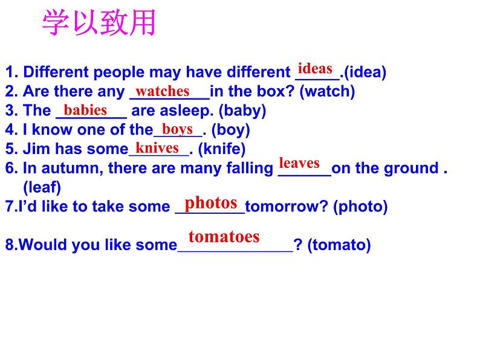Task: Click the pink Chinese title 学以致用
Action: [99, 24]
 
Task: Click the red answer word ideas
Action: [316, 68]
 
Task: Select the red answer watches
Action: [162, 91]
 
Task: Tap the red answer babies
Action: [85, 110]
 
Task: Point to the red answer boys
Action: [178, 129]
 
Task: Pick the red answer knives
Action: [157, 148]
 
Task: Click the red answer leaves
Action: [299, 162]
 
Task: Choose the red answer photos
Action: [211, 202]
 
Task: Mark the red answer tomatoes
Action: [224, 236]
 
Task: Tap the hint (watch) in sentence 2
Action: [327, 92]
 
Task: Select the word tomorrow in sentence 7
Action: [282, 207]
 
